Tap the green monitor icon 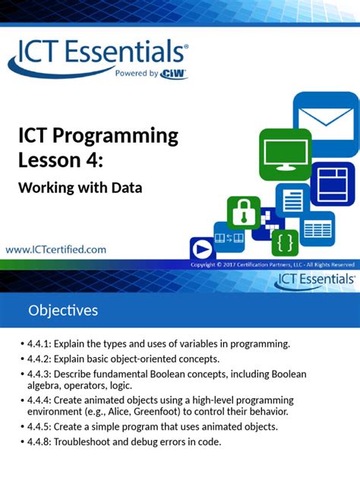click(285, 155)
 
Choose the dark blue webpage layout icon click(332, 183)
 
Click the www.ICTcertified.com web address click(56, 248)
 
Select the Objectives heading click(63, 310)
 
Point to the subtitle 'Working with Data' click(81, 187)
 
